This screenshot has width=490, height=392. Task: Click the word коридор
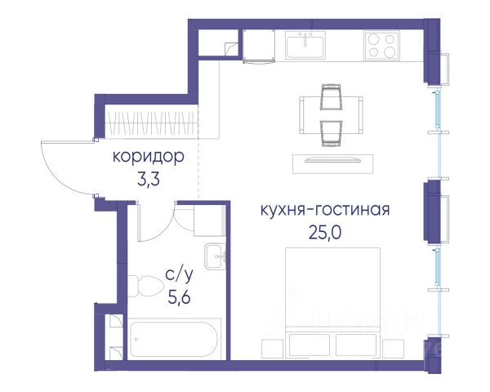pyautogui.click(x=148, y=158)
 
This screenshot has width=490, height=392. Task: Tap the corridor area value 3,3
pyautogui.click(x=149, y=179)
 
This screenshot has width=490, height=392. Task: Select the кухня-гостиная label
pyautogui.click(x=325, y=210)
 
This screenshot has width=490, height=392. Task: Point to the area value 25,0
pyautogui.click(x=325, y=232)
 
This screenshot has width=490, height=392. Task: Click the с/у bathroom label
pyautogui.click(x=180, y=275)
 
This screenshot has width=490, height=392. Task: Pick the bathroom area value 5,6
pyautogui.click(x=180, y=297)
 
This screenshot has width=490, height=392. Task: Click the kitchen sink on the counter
pyautogui.click(x=305, y=45)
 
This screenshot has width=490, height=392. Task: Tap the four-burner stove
pyautogui.click(x=381, y=46)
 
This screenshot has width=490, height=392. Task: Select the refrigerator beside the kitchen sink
pyautogui.click(x=259, y=46)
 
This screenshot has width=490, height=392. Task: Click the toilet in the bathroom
pyautogui.click(x=145, y=286)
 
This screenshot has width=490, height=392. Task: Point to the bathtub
pyautogui.click(x=174, y=339)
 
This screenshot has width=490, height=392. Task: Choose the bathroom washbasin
pyautogui.click(x=216, y=256)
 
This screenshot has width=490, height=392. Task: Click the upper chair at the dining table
pyautogui.click(x=331, y=97)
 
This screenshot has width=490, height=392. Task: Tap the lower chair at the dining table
pyautogui.click(x=331, y=133)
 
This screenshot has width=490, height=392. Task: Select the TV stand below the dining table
pyautogui.click(x=333, y=164)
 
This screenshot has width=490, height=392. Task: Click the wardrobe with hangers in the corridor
pyautogui.click(x=151, y=122)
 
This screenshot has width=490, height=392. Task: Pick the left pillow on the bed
pyautogui.click(x=309, y=345)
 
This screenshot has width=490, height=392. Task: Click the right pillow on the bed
pyautogui.click(x=356, y=345)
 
